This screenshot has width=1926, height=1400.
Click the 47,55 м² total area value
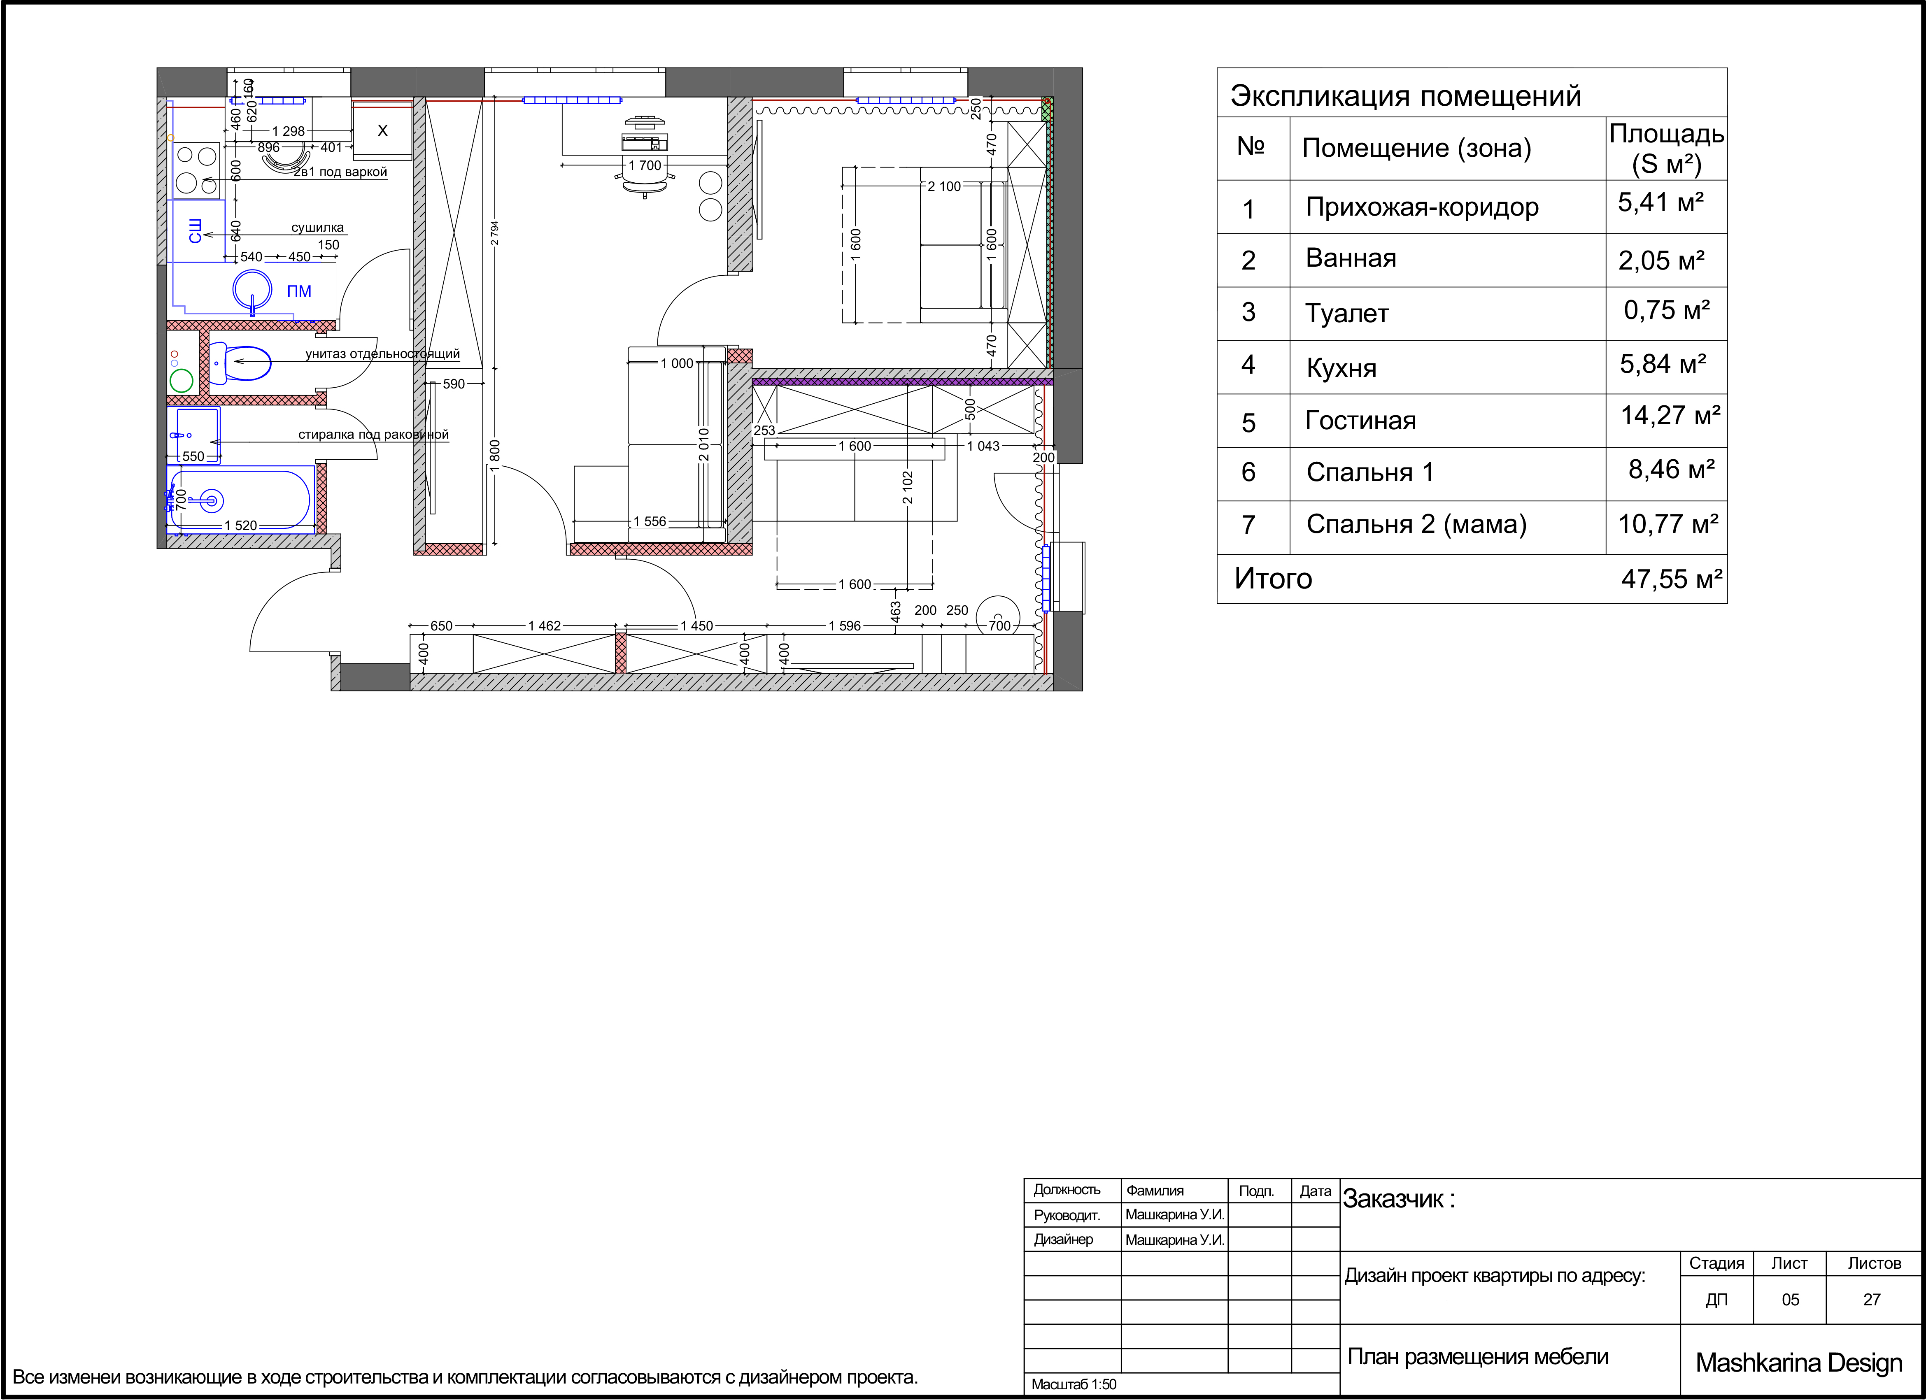(x=1671, y=579)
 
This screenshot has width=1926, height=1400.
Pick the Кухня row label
(x=1342, y=367)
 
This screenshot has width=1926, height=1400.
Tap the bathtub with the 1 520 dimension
(x=241, y=501)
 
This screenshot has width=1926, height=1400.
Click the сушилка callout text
(x=318, y=228)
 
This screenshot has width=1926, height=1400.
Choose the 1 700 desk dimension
(x=645, y=165)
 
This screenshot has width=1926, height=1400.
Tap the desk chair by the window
(x=645, y=181)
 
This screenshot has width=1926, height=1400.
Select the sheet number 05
(x=1790, y=1300)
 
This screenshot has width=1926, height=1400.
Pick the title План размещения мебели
(x=1478, y=1357)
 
